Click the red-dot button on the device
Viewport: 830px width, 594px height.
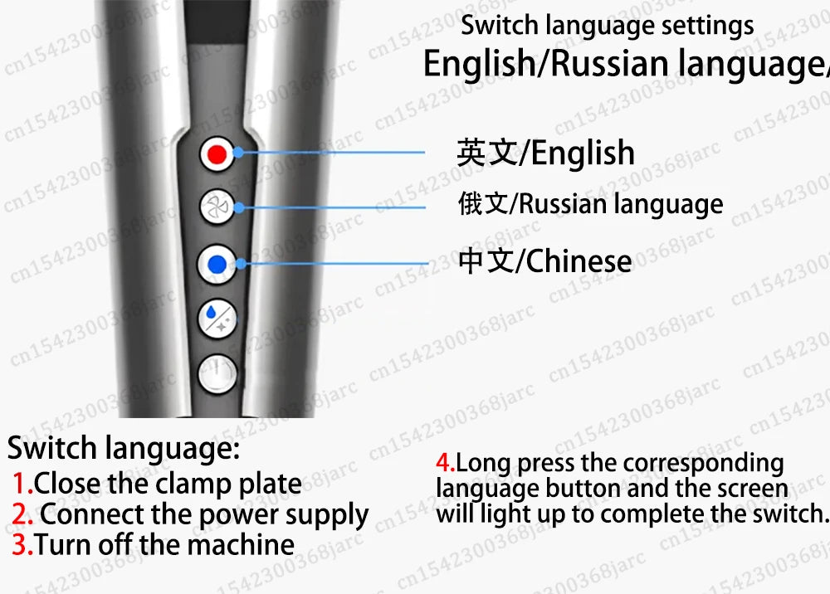pyautogui.click(x=217, y=154)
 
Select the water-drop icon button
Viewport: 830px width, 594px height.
pyautogui.click(x=217, y=318)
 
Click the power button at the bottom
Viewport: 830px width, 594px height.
pyautogui.click(x=217, y=373)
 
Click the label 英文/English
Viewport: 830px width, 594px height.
pyautogui.click(x=545, y=153)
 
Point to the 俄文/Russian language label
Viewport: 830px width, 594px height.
pyautogui.click(x=590, y=204)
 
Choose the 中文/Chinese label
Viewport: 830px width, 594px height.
pyautogui.click(x=544, y=261)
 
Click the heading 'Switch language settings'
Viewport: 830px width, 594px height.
pyautogui.click(x=607, y=25)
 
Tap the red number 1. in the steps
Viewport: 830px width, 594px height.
pyautogui.click(x=22, y=484)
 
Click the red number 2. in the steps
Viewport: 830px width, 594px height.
pyautogui.click(x=23, y=515)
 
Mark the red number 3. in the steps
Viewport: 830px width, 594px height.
pyautogui.click(x=22, y=545)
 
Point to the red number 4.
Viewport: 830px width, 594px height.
pyautogui.click(x=445, y=463)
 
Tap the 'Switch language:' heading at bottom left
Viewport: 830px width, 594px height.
pyautogui.click(x=123, y=449)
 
